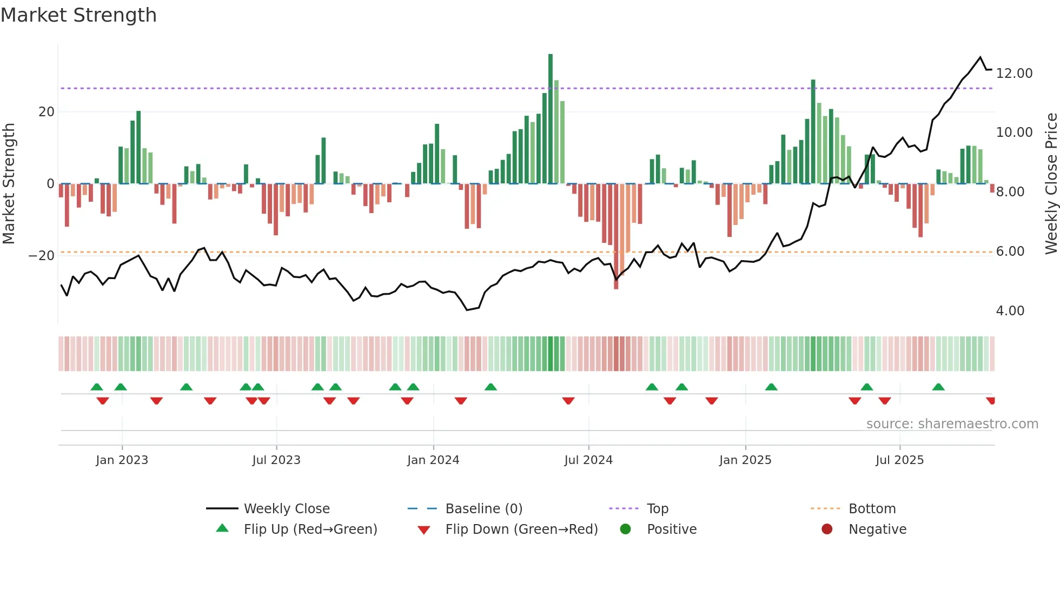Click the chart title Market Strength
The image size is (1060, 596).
pos(78,15)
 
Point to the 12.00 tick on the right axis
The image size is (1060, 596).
pos(1014,73)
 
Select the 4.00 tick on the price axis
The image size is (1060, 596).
pos(1010,311)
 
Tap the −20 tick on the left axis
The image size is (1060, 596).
pos(42,256)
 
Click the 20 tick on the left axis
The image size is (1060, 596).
pos(47,112)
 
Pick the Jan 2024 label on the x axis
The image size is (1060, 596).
pos(433,460)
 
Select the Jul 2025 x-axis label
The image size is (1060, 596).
pos(899,460)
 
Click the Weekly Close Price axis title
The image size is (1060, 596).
pos(1051,183)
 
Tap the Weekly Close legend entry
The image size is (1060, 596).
pos(286,509)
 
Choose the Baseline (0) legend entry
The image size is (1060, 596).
pos(483,509)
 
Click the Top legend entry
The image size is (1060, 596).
pos(657,509)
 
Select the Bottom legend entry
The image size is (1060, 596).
pos(872,509)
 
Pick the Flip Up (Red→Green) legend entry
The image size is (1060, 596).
pos(310,529)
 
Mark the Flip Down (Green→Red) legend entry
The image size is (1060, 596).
pos(521,529)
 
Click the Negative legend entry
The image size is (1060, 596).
pos(877,529)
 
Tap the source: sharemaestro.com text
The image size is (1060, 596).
pos(952,424)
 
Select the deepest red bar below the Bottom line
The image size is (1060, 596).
pos(616,270)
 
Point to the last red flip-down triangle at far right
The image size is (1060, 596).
pos(990,401)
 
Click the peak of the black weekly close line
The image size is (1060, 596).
pos(980,57)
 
